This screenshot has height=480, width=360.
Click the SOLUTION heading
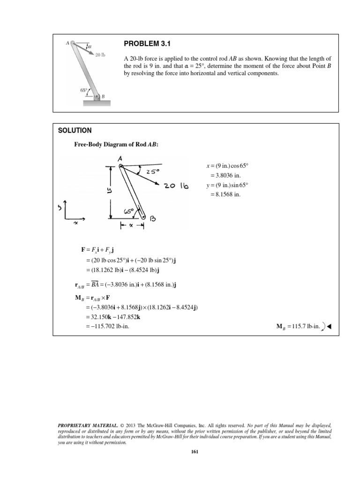click(x=75, y=130)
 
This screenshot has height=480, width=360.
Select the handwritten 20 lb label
click(x=176, y=186)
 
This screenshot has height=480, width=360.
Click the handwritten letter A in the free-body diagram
click(x=120, y=159)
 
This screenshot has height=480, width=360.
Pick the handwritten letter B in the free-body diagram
click(x=153, y=218)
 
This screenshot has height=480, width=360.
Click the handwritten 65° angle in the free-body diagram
click(x=129, y=211)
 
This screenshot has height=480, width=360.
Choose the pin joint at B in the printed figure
click(x=97, y=97)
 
